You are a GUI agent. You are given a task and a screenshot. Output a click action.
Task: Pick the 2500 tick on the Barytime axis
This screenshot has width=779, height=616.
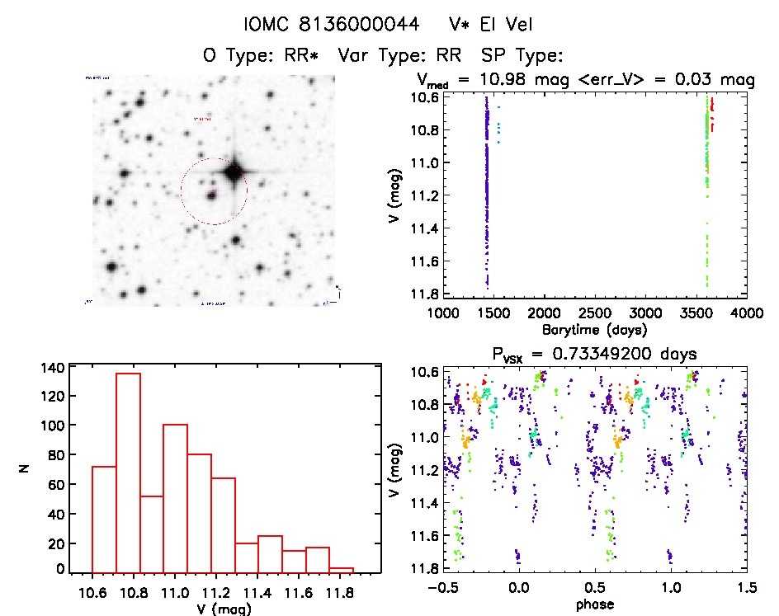[594, 313]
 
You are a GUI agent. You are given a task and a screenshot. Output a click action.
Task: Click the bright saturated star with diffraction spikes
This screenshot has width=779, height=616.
[234, 172]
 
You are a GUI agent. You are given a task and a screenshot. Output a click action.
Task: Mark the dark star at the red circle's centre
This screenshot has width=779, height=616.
[212, 195]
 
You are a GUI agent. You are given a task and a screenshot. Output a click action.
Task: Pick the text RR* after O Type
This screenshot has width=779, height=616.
[313, 55]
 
